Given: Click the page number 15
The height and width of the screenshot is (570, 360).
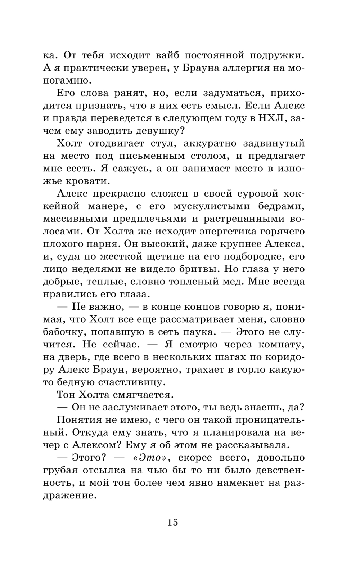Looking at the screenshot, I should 172,522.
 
